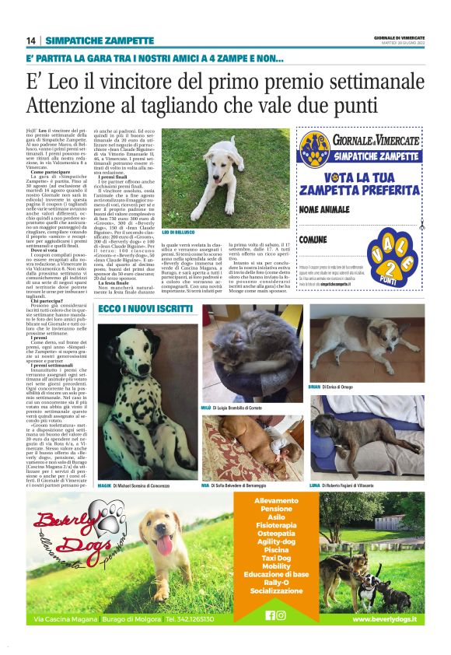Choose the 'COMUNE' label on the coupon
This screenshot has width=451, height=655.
tap(313, 240)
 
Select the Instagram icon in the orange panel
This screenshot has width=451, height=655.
tap(281, 615)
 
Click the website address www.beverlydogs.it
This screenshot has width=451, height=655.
tap(383, 619)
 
